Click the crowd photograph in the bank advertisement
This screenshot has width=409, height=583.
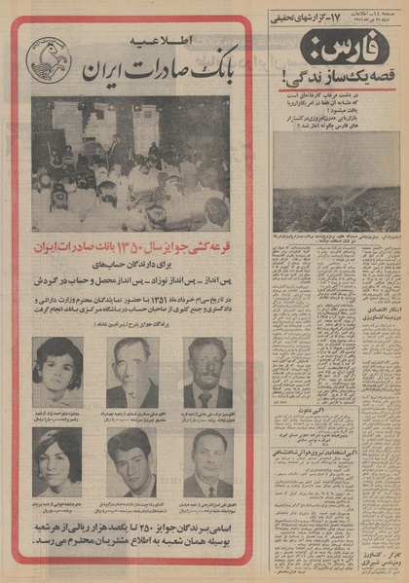[130, 164]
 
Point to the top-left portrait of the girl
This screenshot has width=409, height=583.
[57, 373]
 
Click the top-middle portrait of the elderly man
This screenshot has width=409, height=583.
[131, 373]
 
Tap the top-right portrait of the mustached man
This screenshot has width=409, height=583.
[207, 373]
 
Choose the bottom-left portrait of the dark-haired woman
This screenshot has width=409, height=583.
[57, 462]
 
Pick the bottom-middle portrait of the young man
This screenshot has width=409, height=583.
[131, 462]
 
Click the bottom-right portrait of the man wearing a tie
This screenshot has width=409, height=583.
[207, 462]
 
